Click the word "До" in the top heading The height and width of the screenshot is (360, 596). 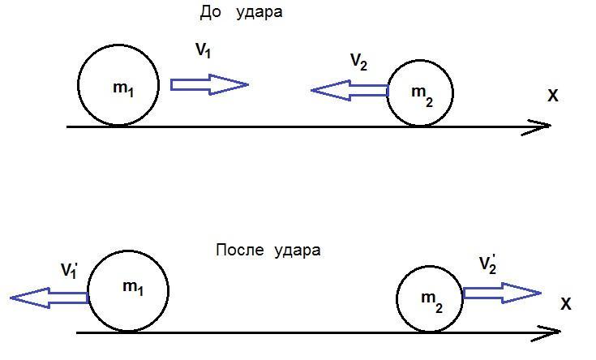tap(210, 12)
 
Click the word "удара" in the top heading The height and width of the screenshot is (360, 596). tap(259, 13)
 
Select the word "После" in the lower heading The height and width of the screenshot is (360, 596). tap(240, 250)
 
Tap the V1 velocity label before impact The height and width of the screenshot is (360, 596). tap(203, 50)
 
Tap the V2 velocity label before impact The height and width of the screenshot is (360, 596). tap(358, 62)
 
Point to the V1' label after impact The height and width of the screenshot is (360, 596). tap(69, 270)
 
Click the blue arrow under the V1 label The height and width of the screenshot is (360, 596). tap(209, 84)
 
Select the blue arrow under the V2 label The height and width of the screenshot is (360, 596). tap(349, 91)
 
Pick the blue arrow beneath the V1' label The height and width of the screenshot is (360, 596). tap(49, 298)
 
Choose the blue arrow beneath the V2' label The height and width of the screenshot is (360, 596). tap(502, 293)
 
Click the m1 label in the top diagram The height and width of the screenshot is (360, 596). tap(123, 89)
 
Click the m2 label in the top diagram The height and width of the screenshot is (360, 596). tap(422, 96)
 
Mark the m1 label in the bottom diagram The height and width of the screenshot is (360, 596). tap(133, 288)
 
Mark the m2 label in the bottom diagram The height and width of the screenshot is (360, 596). tap(431, 302)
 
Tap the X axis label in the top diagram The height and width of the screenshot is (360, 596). tap(553, 96)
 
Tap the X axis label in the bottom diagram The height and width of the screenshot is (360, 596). tap(566, 304)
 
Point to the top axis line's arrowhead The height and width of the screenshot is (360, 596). tap(551, 126)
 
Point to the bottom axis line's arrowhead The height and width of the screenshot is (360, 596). tap(560, 332)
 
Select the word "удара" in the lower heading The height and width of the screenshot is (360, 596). tap(298, 251)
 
